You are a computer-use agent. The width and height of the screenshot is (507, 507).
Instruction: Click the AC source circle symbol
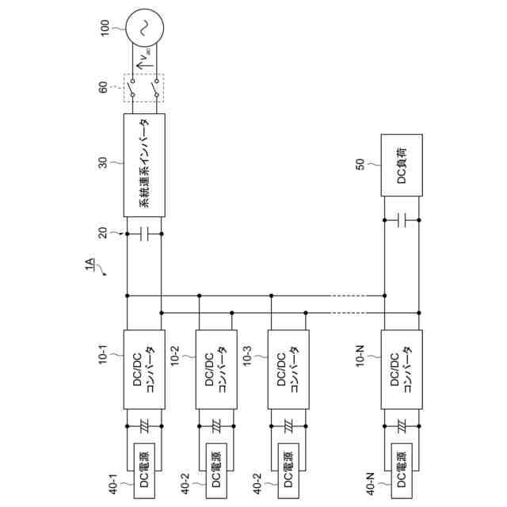tap(144, 28)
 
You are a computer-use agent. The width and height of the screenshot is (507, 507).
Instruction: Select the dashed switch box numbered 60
tap(144, 87)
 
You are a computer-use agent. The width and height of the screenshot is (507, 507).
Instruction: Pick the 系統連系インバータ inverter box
tap(144, 164)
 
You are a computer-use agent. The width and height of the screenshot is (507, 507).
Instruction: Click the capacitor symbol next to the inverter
tap(144, 234)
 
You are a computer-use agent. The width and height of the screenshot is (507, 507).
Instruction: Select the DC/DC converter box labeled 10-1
tap(144, 369)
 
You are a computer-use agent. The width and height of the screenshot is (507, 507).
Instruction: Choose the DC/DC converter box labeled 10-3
tap(288, 369)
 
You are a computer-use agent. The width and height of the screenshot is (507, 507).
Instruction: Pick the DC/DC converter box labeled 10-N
tap(401, 369)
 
